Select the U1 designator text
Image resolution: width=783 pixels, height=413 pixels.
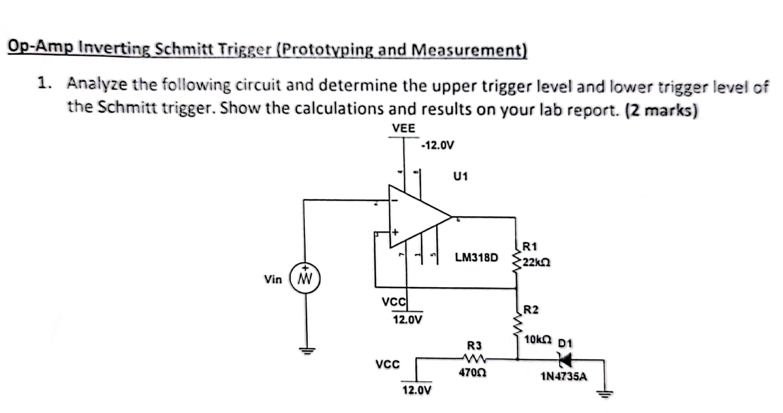[461, 176]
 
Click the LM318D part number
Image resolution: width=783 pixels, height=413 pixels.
[476, 258]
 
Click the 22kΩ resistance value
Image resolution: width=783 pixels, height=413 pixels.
[536, 262]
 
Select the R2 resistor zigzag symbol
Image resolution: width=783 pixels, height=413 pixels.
[517, 325]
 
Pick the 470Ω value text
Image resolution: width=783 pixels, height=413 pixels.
[472, 373]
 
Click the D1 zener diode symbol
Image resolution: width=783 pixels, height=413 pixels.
[565, 360]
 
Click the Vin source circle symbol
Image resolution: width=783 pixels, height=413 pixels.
[305, 278]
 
